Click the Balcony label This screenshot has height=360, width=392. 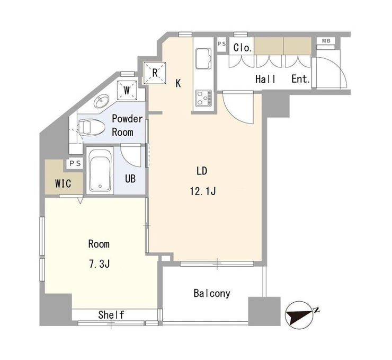(x=212, y=293)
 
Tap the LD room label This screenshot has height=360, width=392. (x=202, y=171)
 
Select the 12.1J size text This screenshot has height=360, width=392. (x=203, y=191)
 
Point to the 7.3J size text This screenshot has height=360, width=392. (x=99, y=264)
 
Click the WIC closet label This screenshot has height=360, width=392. (x=63, y=183)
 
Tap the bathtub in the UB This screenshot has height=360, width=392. (x=100, y=170)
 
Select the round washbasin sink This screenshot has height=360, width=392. (x=102, y=101)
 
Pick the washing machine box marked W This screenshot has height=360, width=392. (x=127, y=90)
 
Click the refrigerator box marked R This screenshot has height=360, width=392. (x=155, y=73)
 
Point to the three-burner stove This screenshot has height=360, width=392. (x=203, y=98)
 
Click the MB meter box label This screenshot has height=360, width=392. (x=326, y=41)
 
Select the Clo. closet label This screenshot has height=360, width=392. (x=243, y=48)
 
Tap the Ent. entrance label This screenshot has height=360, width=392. (x=301, y=79)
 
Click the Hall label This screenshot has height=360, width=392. (x=265, y=79)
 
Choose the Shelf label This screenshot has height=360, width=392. (x=111, y=315)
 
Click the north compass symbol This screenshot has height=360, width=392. (x=300, y=315)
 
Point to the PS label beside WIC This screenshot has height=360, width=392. (x=75, y=164)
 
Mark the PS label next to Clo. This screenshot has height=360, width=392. (x=221, y=44)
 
